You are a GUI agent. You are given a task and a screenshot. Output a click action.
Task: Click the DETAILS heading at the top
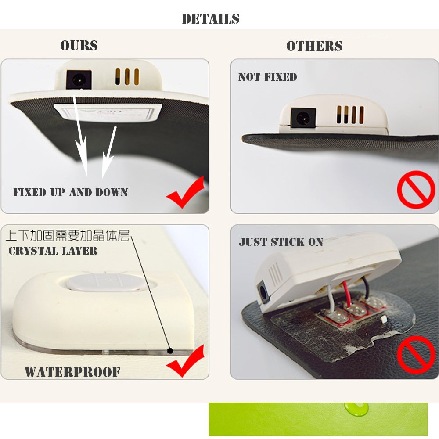(211, 19)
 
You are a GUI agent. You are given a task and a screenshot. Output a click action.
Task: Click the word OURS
(79, 46)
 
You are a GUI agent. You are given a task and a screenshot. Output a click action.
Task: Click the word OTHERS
(314, 46)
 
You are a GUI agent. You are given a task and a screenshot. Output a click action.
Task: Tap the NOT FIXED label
(267, 77)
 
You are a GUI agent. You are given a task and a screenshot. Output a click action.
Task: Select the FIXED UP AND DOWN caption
(71, 192)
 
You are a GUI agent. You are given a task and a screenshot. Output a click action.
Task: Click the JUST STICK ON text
(281, 242)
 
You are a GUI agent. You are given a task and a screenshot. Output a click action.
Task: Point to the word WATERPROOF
(72, 372)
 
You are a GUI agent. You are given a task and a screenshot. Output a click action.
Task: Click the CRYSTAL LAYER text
(53, 251)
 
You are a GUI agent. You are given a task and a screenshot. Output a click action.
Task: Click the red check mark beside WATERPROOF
(185, 361)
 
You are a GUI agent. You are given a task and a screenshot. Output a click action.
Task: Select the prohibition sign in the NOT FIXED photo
(416, 189)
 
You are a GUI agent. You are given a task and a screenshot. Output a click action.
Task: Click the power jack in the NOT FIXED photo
(302, 118)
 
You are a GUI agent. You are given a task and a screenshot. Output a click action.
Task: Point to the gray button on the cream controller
(107, 281)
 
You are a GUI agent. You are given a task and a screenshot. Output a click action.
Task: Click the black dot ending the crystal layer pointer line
(170, 350)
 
